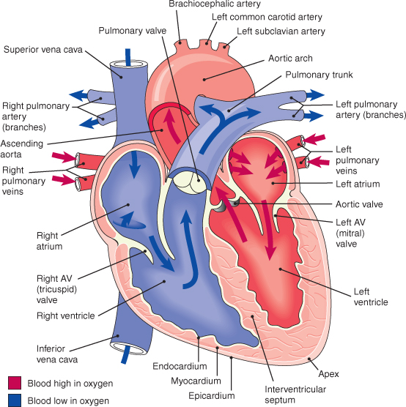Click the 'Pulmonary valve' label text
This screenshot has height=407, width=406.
coord(133,31)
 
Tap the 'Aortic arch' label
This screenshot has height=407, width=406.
coord(290,59)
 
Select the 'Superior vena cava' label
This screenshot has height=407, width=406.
coord(43,50)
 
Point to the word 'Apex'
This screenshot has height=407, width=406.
coord(328,374)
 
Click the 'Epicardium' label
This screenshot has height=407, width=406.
coord(212,396)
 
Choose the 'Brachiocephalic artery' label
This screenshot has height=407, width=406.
coord(215,4)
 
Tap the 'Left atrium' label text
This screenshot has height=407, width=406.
coord(358,184)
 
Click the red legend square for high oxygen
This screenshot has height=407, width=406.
coord(15,383)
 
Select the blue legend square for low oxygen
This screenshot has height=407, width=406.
coord(15,400)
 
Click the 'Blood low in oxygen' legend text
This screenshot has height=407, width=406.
coord(68,400)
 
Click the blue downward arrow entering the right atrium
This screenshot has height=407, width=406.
coord(134,165)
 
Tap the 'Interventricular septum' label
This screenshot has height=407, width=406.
coord(295,395)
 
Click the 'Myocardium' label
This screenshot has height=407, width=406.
coord(196,381)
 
